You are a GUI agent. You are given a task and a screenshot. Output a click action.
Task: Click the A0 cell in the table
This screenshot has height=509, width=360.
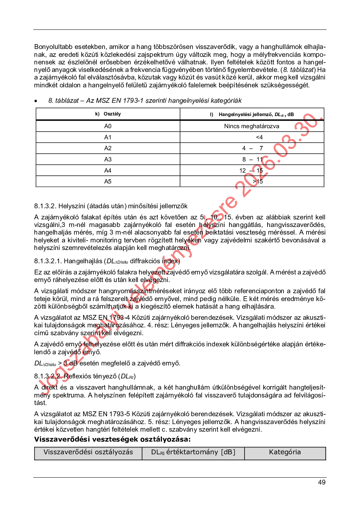pyautogui.click(x=108, y=126)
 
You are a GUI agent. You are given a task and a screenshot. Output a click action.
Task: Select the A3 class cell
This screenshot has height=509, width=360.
pyautogui.click(x=108, y=159)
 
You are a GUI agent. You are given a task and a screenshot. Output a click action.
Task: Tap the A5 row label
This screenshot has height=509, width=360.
pyautogui.click(x=108, y=181)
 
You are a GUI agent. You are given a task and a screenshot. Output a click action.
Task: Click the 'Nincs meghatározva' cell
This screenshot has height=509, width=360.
pyautogui.click(x=251, y=126)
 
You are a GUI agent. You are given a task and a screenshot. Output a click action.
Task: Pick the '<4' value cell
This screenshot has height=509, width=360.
pyautogui.click(x=259, y=137)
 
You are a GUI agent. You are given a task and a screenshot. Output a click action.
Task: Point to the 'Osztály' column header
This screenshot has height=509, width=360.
pyautogui.click(x=112, y=114)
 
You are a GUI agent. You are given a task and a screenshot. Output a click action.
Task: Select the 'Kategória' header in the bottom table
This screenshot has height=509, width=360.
pyautogui.click(x=285, y=452)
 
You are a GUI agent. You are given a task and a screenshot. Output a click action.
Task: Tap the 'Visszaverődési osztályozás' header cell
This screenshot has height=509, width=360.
pyautogui.click(x=88, y=452)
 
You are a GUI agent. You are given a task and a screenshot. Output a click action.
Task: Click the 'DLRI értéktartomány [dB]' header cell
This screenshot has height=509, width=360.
pyautogui.click(x=193, y=452)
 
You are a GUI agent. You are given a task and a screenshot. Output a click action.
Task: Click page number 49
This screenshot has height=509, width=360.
pyautogui.click(x=322, y=482)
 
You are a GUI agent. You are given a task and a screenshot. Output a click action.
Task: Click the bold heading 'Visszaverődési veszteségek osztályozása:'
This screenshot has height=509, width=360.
pyautogui.click(x=112, y=439)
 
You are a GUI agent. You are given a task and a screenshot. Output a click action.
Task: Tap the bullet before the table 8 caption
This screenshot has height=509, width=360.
pyautogui.click(x=36, y=101)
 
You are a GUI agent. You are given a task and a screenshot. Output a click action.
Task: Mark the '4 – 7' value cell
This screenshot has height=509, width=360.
pyautogui.click(x=252, y=148)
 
